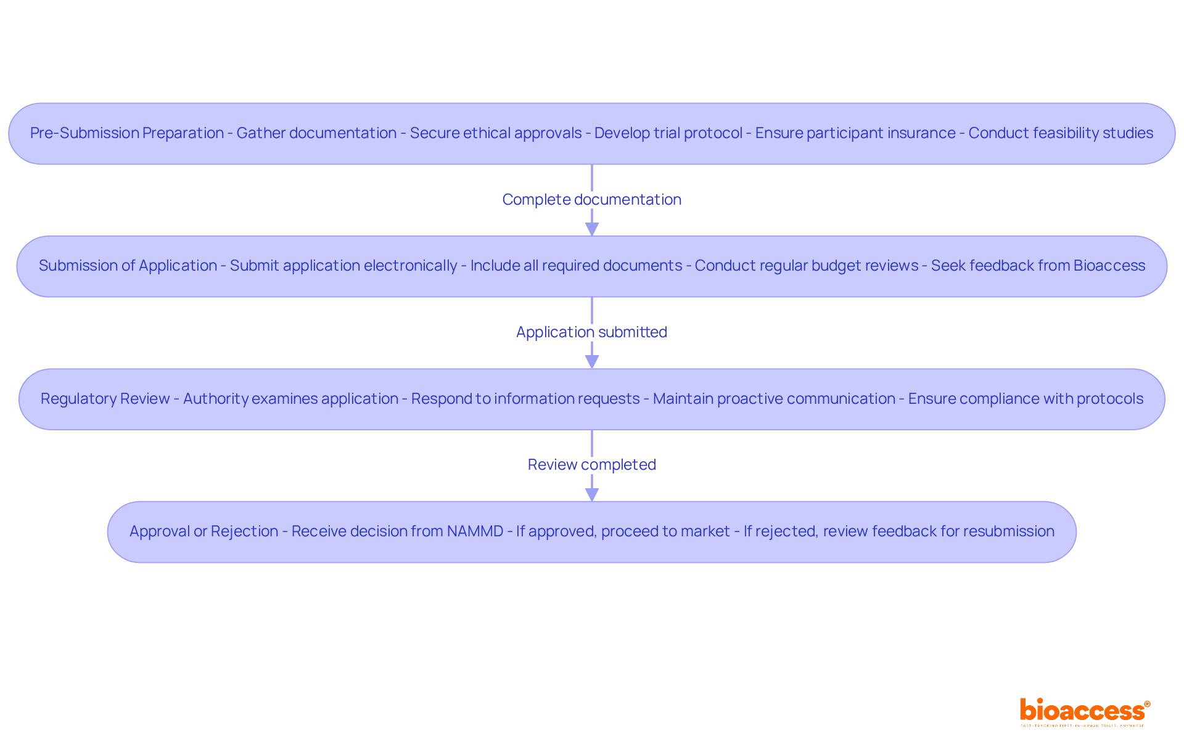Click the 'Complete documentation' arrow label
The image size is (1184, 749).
click(591, 200)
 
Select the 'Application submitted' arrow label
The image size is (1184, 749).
click(591, 332)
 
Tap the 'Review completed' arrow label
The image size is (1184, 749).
click(591, 465)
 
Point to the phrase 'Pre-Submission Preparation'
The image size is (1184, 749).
click(127, 133)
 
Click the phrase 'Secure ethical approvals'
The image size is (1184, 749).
click(496, 133)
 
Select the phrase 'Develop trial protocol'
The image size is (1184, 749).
click(668, 133)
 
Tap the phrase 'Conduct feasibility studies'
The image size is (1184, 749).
click(1061, 133)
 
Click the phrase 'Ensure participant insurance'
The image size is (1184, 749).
click(855, 133)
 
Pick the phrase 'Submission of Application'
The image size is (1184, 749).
click(128, 266)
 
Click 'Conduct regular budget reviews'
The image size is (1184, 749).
click(807, 266)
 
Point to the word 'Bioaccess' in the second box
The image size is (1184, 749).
click(1109, 266)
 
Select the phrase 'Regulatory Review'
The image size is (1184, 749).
click(105, 399)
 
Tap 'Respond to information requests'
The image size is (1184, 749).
click(525, 399)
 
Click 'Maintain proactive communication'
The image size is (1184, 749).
click(774, 399)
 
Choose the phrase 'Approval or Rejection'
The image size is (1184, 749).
click(204, 531)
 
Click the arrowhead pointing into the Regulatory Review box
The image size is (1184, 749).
click(591, 362)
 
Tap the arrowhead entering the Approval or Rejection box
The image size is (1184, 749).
click(591, 494)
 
